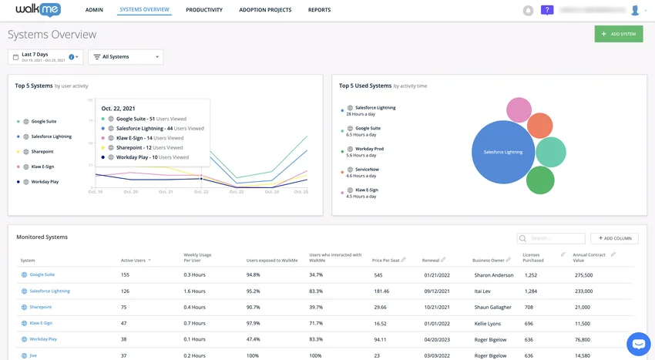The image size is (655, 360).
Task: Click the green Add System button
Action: [x=618, y=34]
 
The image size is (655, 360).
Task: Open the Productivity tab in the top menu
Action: [x=204, y=10]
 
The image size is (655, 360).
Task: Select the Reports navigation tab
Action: [x=319, y=10]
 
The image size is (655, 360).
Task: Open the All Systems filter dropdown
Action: [x=126, y=57]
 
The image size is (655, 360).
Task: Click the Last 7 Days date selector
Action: [x=45, y=57]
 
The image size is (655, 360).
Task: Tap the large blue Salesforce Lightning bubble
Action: [x=502, y=152]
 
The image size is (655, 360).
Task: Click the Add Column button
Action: [x=614, y=238]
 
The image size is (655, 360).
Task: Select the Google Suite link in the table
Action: [x=42, y=274]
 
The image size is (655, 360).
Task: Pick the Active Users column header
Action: [x=134, y=261]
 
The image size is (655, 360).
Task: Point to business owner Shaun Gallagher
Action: [x=492, y=307]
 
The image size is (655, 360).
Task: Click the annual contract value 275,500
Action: [x=583, y=274]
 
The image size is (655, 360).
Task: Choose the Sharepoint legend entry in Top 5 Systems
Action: [x=42, y=152]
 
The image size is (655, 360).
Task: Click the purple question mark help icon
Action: [x=547, y=10]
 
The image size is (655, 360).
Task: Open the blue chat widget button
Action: [x=638, y=344]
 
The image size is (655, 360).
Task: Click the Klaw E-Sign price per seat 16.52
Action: [x=379, y=323]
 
